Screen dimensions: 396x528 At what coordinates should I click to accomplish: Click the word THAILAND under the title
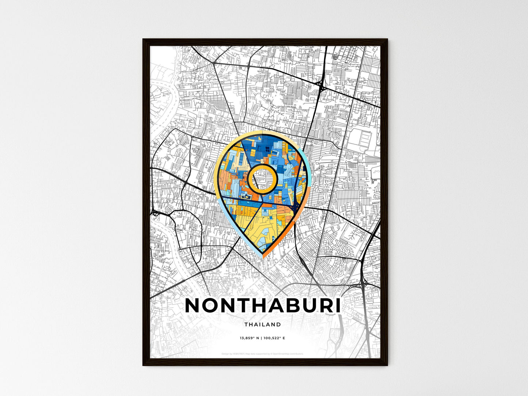[x=263, y=324]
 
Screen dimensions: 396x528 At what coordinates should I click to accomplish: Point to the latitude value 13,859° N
[x=249, y=338]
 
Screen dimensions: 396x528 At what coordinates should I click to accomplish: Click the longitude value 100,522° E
[x=274, y=338]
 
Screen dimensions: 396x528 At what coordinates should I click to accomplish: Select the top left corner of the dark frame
[x=144, y=40]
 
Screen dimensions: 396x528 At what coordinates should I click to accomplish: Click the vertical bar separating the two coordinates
[x=261, y=338]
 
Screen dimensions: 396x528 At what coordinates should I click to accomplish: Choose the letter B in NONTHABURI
[x=288, y=306]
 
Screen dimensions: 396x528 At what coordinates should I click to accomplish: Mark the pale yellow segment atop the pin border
[x=256, y=133]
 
